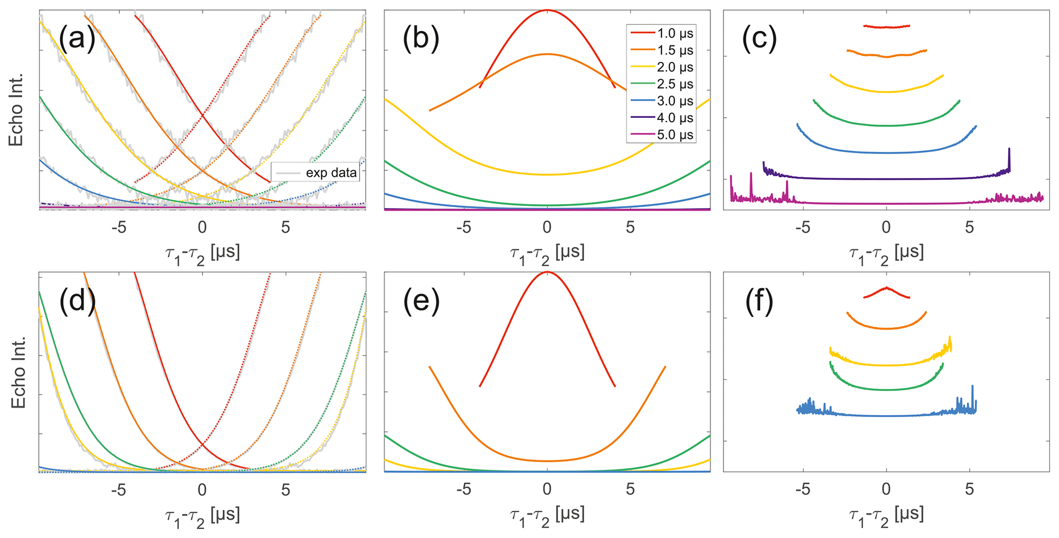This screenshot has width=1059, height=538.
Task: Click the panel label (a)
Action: pos(77,39)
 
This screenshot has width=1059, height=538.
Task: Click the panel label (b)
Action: pos(421,39)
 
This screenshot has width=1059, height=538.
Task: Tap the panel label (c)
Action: pos(759,39)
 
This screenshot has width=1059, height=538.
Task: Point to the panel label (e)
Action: pos(421,301)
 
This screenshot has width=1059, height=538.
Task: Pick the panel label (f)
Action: pos(759,301)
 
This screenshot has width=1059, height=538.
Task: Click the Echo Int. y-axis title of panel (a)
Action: pos(16,110)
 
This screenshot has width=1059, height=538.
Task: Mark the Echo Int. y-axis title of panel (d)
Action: pos(18,373)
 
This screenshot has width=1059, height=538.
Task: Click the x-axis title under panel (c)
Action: pos(886,254)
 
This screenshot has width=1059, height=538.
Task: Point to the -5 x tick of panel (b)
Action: pos(464,227)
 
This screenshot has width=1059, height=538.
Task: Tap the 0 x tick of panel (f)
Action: pos(886,489)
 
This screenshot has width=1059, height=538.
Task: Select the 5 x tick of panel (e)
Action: pos(630,489)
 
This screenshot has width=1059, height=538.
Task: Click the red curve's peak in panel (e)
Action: pos(547,272)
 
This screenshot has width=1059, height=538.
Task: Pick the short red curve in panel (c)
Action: pos(886,27)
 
